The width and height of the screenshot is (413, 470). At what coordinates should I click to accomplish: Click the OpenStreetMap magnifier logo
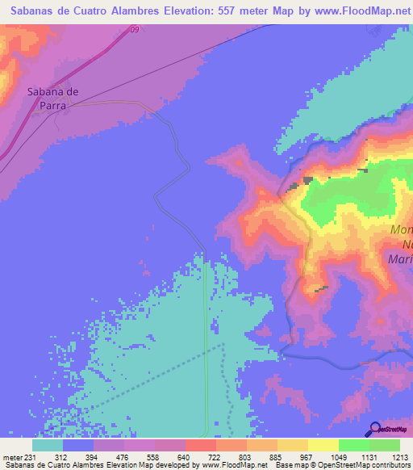pyautogui.click(x=375, y=429)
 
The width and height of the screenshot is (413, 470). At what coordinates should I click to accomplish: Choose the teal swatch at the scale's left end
pyautogui.click(x=48, y=445)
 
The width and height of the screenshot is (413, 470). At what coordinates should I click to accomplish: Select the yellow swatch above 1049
pyautogui.click(x=323, y=445)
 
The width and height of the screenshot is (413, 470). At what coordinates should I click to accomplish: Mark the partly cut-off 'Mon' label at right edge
pyautogui.click(x=401, y=230)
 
